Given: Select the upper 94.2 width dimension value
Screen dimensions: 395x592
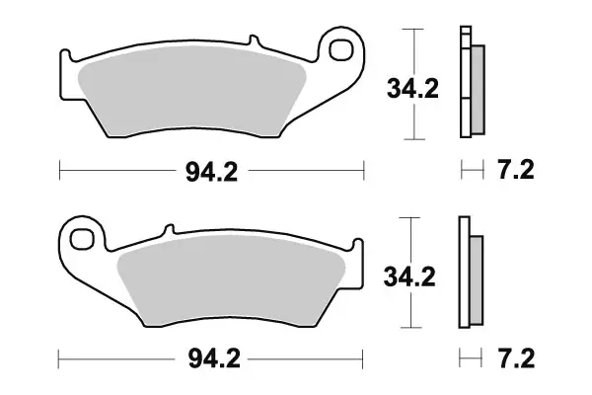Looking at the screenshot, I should pyautogui.click(x=212, y=172).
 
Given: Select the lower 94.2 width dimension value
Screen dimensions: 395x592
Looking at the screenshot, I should pyautogui.click(x=210, y=356).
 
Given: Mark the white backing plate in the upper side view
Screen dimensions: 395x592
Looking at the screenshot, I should pyautogui.click(x=464, y=84).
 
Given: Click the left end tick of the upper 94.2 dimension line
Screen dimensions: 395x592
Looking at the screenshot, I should pyautogui.click(x=60, y=172).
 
